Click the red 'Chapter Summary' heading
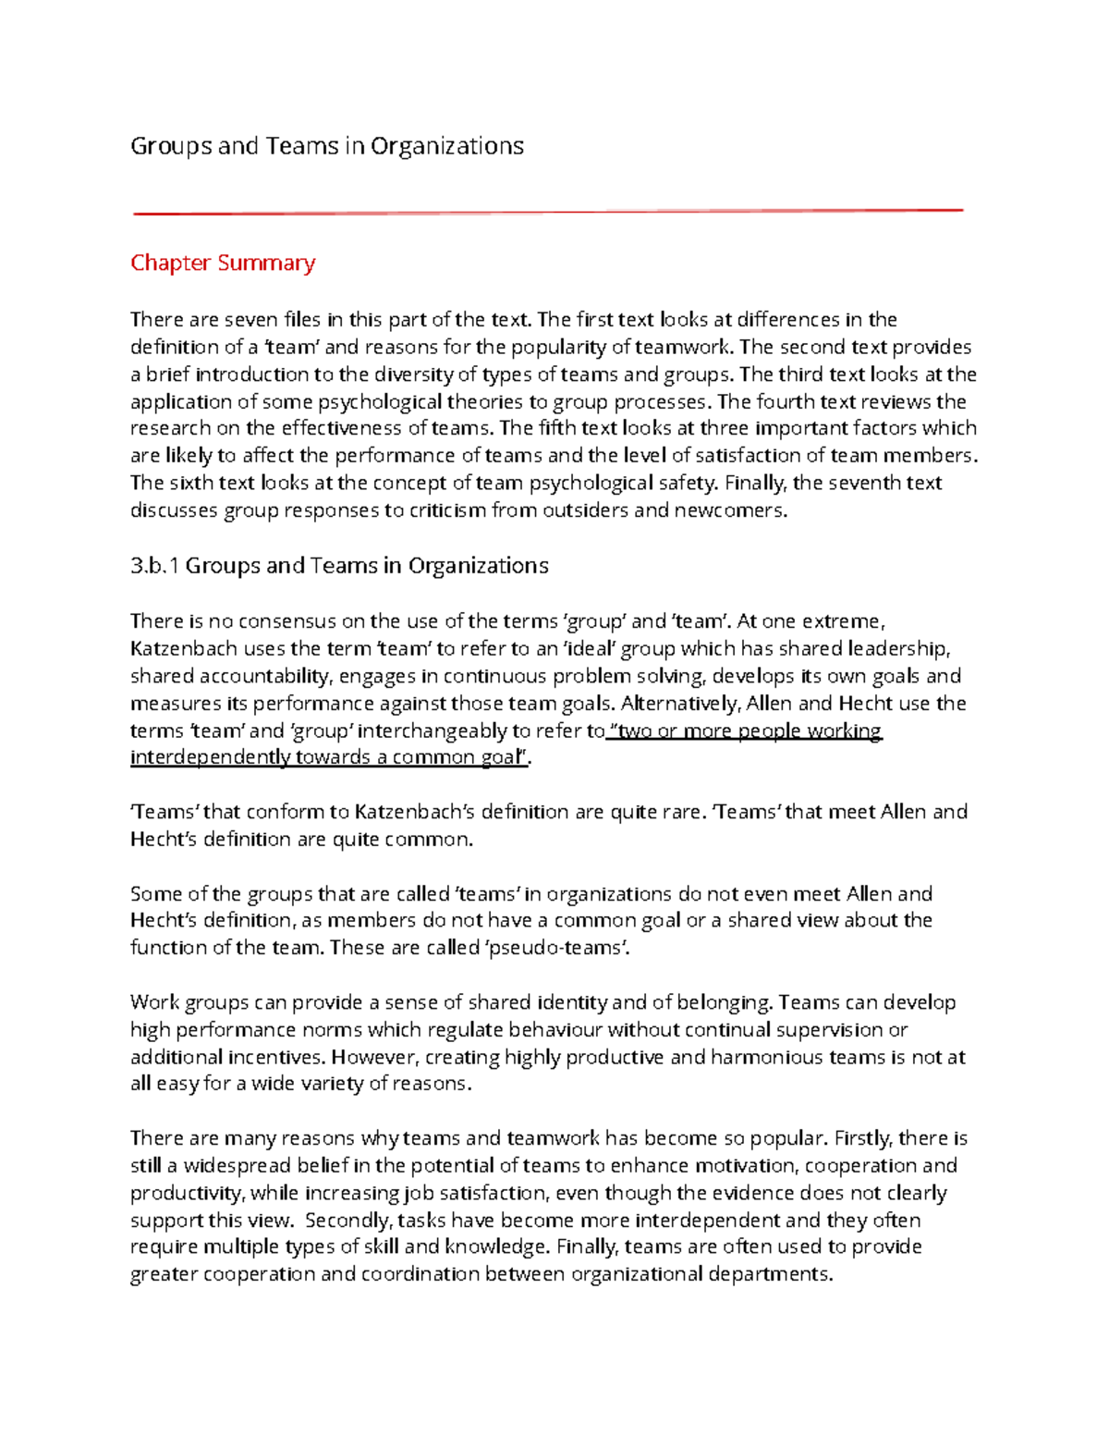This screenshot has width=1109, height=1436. click(x=223, y=264)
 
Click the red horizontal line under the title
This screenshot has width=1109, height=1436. click(x=548, y=212)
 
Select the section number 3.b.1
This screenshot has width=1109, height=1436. click(x=154, y=566)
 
